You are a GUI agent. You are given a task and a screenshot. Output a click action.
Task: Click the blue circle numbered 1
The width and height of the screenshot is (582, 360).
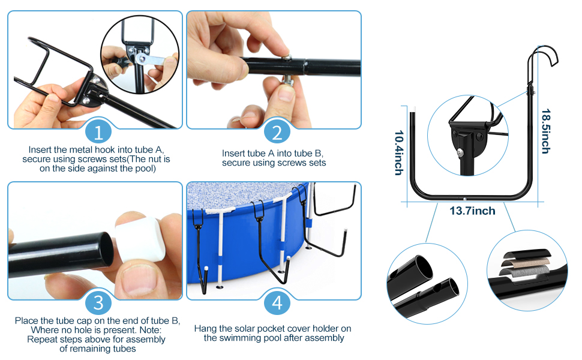98,132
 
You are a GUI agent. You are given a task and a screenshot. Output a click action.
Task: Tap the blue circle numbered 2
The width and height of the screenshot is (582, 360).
277,132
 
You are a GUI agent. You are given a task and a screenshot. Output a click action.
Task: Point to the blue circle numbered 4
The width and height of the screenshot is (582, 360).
277,303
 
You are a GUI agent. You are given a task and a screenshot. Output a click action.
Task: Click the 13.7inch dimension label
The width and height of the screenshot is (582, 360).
472,211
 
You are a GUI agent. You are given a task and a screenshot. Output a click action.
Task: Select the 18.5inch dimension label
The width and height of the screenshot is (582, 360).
545,131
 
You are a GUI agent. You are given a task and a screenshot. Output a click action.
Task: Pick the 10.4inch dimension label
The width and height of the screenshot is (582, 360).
398,153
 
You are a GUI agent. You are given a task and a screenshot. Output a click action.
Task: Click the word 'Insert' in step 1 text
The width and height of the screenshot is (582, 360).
40,149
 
